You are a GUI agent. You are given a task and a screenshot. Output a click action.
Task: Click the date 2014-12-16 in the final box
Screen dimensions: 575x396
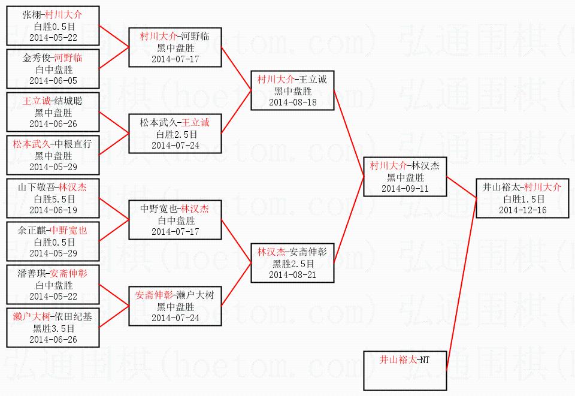(522, 210)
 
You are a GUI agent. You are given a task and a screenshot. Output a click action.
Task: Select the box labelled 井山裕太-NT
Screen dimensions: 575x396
(405, 371)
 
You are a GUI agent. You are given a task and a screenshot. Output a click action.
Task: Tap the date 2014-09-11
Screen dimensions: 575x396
(405, 189)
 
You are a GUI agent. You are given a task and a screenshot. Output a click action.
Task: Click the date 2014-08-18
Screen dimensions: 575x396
(293, 102)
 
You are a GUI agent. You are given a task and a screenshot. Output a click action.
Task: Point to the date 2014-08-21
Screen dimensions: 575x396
(293, 275)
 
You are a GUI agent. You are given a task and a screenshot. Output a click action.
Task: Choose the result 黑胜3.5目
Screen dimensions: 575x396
(53, 328)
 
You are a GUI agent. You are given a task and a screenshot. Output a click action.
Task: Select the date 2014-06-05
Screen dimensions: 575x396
(53, 81)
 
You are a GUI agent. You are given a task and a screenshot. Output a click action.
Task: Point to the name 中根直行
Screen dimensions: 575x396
(73, 144)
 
